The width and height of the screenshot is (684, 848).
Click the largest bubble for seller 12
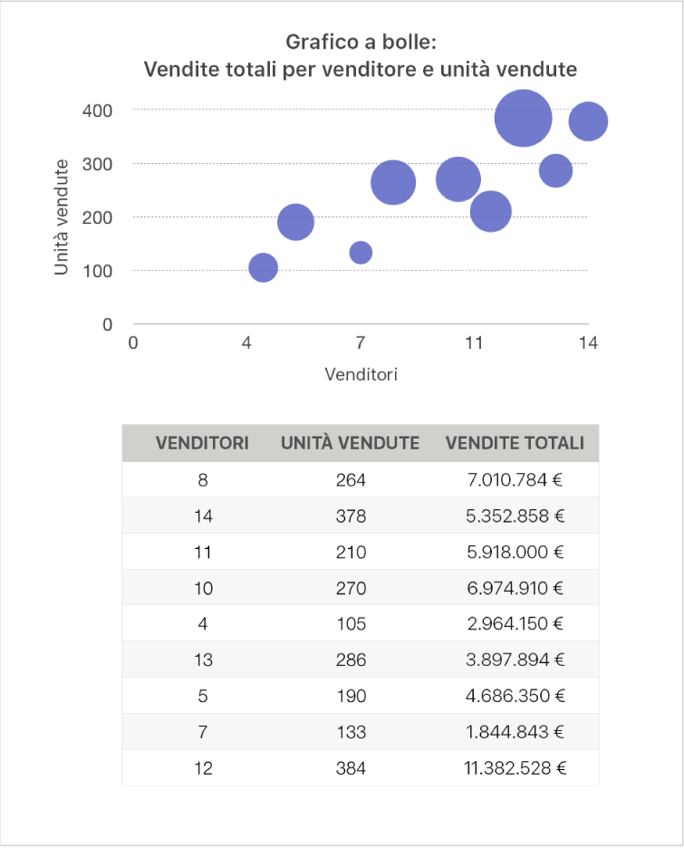point(524,118)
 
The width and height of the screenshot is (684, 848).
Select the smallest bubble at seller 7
point(361,252)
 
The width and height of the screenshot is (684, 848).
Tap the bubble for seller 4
point(263,267)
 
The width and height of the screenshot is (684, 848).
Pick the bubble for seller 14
point(588,121)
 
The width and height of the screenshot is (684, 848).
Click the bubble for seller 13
point(556,170)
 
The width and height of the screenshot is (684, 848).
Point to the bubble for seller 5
point(295,222)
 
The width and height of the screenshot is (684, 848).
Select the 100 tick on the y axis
point(100,271)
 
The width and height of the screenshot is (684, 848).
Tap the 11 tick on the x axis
point(474,343)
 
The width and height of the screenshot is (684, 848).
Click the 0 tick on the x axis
point(133,343)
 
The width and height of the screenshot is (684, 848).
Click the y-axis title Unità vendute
point(62,217)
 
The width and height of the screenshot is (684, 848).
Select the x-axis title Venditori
point(361,374)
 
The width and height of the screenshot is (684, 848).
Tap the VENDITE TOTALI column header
point(514,443)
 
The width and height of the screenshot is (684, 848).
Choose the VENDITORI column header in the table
point(203,443)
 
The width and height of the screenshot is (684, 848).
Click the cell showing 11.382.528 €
point(514,768)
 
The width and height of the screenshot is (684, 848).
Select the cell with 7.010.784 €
point(514,479)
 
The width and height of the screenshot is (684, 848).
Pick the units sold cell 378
point(350,516)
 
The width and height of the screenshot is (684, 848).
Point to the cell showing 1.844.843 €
point(514,732)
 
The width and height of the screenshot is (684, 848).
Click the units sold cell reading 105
point(350,624)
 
